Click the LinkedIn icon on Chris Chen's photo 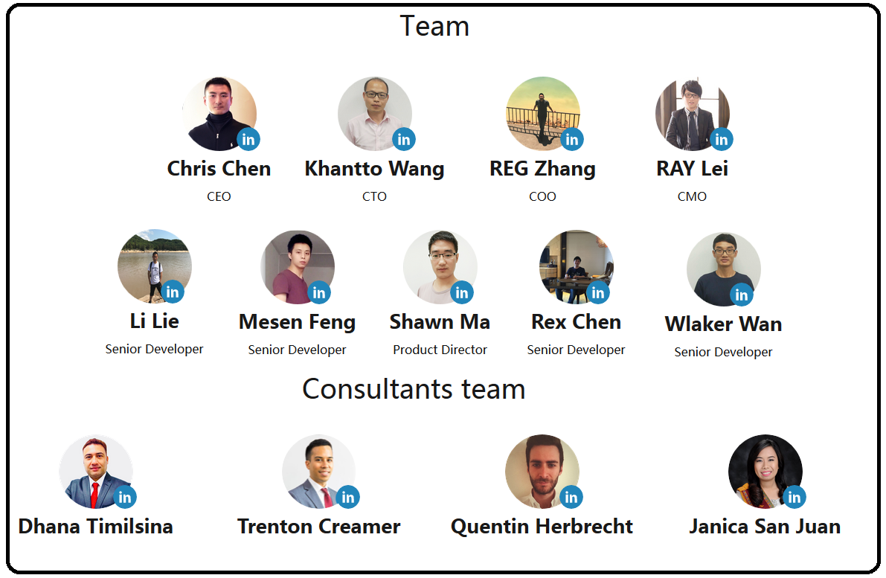248,139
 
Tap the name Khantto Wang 375,169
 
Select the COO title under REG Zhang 542,196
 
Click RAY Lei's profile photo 692,114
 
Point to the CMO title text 692,196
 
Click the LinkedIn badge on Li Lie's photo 173,292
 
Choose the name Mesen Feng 298,322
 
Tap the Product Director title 440,350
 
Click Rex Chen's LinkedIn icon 598,292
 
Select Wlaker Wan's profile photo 724,269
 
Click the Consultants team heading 414,389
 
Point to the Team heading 434,26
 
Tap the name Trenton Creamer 318,527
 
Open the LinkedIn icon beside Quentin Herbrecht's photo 571,497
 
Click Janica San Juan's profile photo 765,471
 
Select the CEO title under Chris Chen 219,196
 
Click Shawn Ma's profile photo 440,267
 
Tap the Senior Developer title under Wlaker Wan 723,352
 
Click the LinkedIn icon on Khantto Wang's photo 404,139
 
